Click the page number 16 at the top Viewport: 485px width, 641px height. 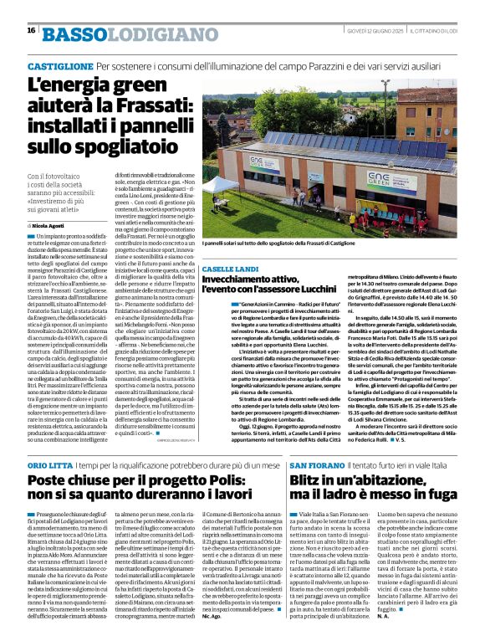pos(31,30)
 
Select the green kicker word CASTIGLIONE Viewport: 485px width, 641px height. pos(59,65)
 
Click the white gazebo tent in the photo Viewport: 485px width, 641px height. pos(227,183)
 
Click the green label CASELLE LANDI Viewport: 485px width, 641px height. pos(230,267)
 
